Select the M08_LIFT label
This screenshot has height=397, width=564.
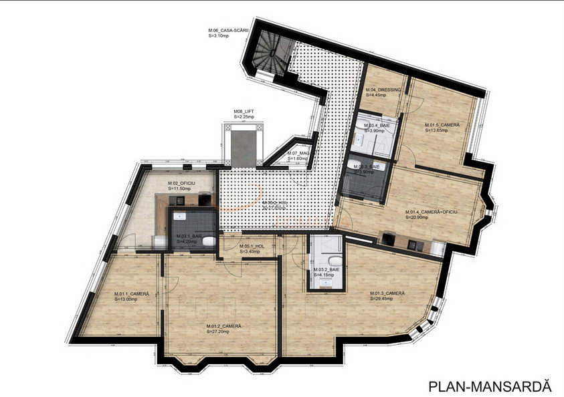(244, 112)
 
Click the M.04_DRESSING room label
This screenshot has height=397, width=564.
(383, 90)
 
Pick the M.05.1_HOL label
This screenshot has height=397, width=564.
(252, 246)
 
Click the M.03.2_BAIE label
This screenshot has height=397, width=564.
(326, 269)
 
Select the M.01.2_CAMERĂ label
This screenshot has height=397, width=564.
(224, 326)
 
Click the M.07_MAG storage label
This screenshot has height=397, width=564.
(298, 154)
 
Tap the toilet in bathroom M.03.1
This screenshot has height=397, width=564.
(209, 240)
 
